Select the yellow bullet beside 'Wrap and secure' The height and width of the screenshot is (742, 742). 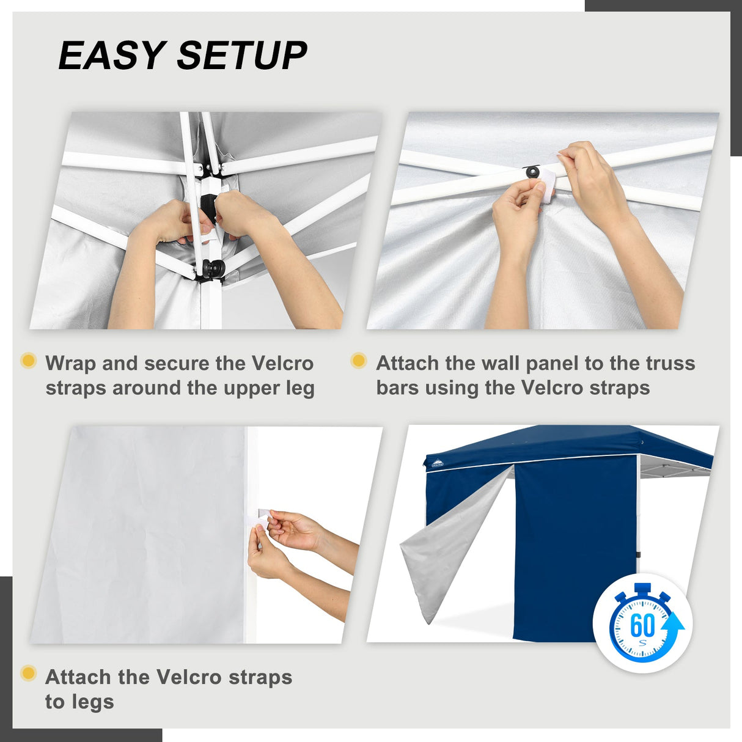pos(28,361)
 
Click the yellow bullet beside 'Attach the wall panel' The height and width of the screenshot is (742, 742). pos(359,361)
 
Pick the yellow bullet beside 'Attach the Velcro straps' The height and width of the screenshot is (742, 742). pos(28,674)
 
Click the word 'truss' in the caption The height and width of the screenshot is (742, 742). pos(670,363)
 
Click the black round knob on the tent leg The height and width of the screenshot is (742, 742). pos(213,268)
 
